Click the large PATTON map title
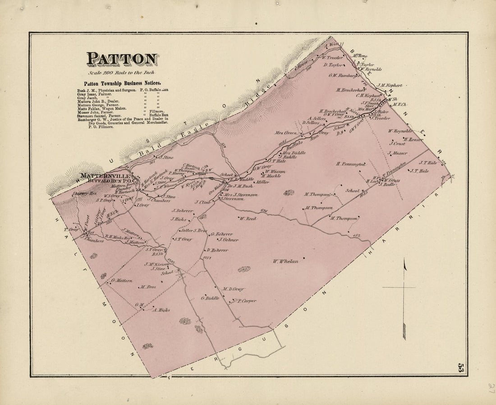coord(122,59)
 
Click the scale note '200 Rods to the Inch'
coord(121,73)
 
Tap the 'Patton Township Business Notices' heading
coord(122,83)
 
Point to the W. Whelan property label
coord(285,261)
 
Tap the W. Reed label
coord(248,219)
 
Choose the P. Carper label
coord(247,301)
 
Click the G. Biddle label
coord(210,298)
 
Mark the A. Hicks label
coord(161,310)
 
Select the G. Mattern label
coord(121,281)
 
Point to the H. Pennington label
coord(350,164)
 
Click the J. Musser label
coord(397,153)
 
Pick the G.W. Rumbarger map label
coord(344,76)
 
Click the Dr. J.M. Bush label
coord(240,185)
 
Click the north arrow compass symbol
coord(404,298)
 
